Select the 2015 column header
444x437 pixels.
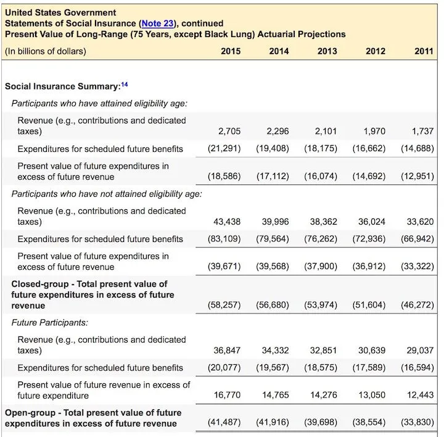pos(231,51)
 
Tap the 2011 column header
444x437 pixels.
pos(424,51)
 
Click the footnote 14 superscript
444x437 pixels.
pos(125,85)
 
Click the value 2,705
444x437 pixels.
pos(229,131)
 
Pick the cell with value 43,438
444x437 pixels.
pos(228,222)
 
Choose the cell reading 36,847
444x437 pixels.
pos(227,351)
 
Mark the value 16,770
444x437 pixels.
pos(227,395)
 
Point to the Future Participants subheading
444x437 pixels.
pos(49,322)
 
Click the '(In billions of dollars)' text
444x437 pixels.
pos(46,51)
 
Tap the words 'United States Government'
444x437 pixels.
pos(60,12)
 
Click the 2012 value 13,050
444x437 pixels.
pos(372,395)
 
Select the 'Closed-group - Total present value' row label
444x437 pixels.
pos(89,294)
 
